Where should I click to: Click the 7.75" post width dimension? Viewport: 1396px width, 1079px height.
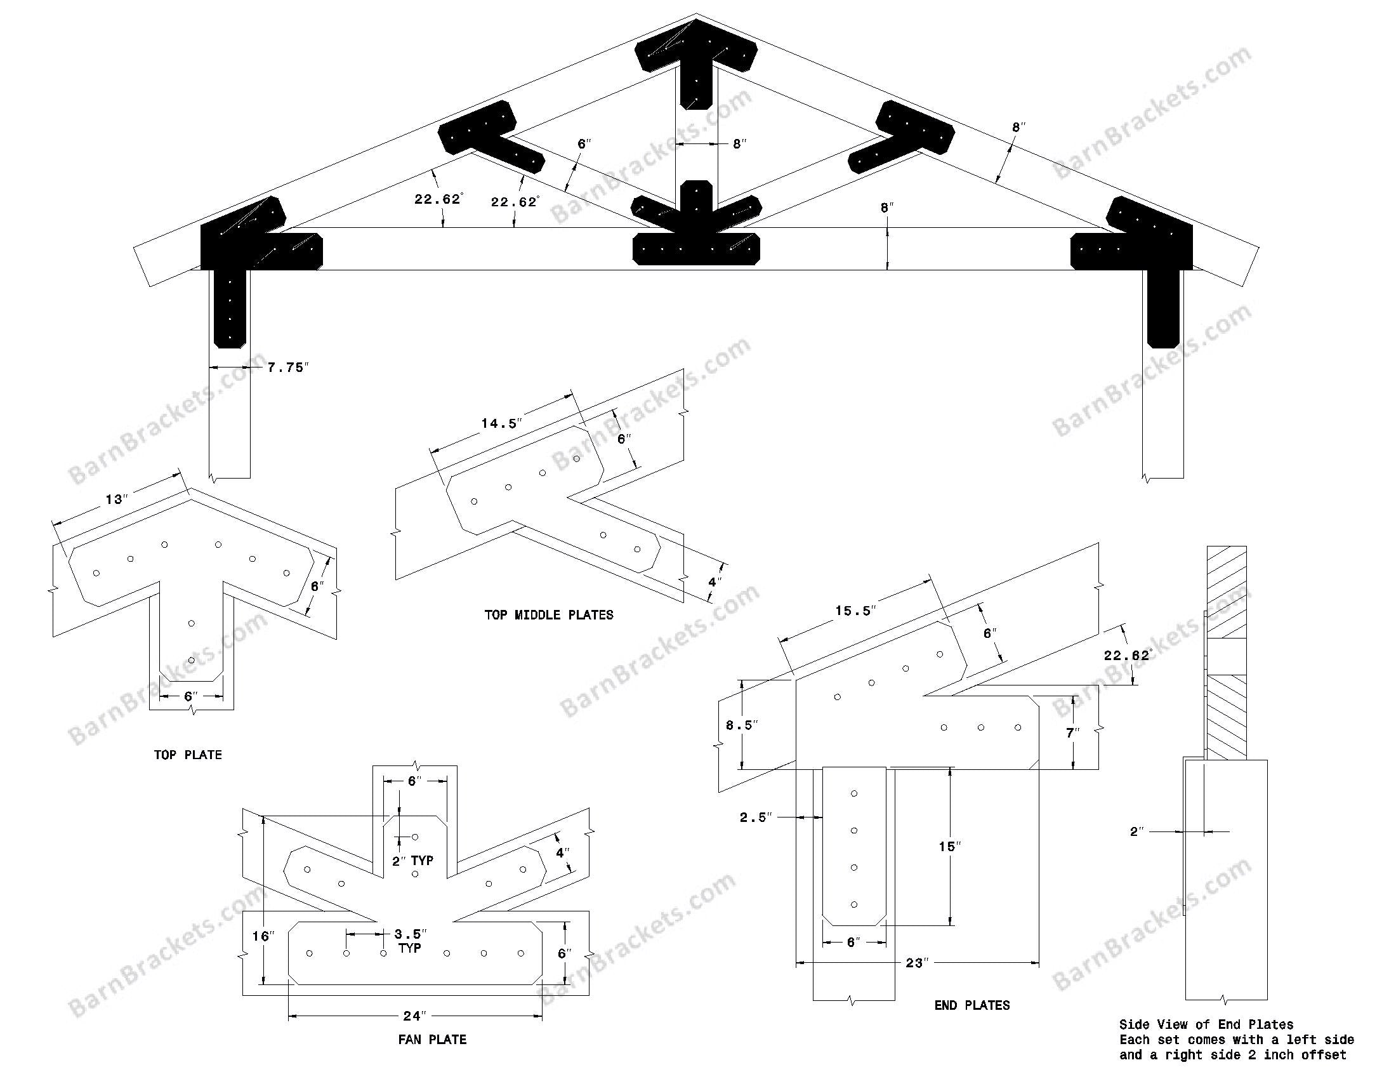(287, 367)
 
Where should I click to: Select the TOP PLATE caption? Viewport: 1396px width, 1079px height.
(188, 755)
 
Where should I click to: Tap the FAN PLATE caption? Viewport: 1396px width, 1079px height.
(432, 1040)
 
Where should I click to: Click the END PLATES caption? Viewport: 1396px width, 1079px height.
(971, 1005)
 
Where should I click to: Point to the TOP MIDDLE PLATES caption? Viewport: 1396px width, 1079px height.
(548, 615)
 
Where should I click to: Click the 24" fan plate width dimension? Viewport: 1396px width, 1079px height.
(414, 1016)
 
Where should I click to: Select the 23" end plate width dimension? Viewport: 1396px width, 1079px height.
(916, 963)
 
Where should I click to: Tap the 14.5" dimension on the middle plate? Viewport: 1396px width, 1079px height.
(502, 423)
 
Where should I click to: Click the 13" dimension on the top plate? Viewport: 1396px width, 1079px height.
(115, 499)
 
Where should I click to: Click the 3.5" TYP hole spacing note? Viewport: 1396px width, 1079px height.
(410, 940)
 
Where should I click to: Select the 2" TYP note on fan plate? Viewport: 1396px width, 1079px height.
(412, 861)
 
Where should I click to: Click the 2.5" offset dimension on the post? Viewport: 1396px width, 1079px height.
(756, 817)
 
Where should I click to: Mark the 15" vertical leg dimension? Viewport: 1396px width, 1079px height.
(950, 846)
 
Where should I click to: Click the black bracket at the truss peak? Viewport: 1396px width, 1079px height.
(696, 58)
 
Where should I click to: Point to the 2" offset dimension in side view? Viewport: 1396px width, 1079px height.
(1136, 831)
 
